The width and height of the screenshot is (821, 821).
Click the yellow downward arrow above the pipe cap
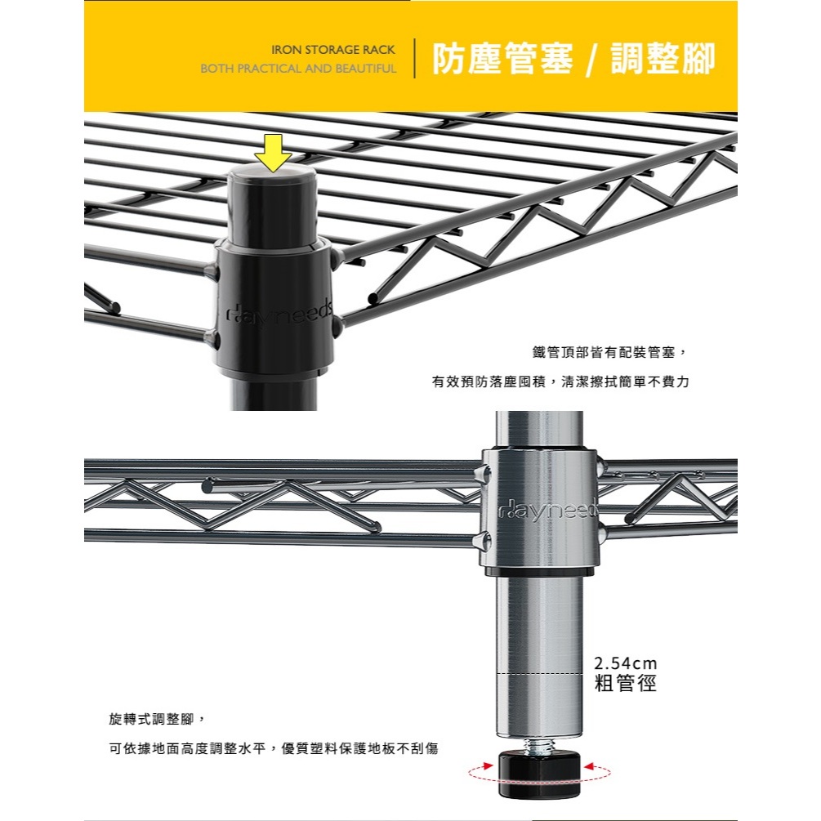272,153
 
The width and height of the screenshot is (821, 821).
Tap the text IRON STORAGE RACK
333,50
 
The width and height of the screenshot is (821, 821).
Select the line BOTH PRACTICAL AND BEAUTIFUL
298,69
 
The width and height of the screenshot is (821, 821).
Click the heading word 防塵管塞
502,58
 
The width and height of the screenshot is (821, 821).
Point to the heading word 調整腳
663,58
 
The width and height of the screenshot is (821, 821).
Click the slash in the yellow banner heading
591,59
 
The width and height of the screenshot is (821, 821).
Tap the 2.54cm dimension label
625,663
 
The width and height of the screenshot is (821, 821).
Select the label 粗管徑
625,683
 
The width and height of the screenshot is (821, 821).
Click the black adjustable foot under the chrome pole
539,775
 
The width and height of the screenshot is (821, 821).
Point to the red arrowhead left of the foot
487,766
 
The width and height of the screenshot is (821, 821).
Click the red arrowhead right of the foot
590,766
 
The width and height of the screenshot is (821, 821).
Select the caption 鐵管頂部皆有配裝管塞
604,352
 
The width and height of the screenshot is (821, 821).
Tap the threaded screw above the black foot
539,744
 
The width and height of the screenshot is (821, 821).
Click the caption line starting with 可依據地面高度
274,748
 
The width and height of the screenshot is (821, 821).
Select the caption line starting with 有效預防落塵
560,381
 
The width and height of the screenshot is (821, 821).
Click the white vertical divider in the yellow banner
415,58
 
